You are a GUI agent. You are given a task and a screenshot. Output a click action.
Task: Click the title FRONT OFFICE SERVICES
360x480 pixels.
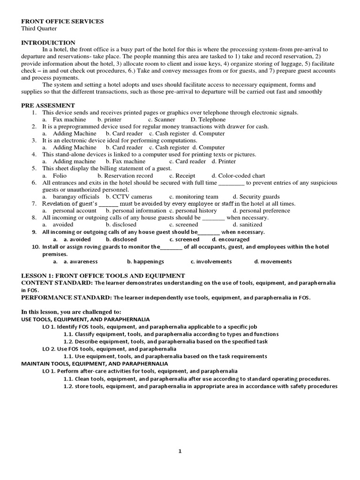(x=62, y=22)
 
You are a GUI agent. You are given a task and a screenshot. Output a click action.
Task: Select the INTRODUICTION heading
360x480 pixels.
(x=48, y=42)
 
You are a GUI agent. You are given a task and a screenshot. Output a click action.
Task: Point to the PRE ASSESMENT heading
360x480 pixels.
(x=48, y=105)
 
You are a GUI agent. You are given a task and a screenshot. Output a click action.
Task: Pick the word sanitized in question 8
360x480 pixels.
(x=251, y=225)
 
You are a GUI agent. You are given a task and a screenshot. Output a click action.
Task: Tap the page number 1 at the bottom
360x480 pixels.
(x=180, y=451)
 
